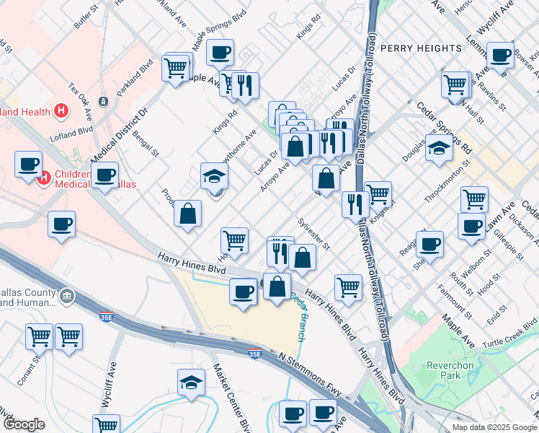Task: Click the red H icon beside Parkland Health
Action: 61,111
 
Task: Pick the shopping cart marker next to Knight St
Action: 378,193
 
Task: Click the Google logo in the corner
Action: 24,424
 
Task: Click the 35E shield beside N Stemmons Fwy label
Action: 254,354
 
